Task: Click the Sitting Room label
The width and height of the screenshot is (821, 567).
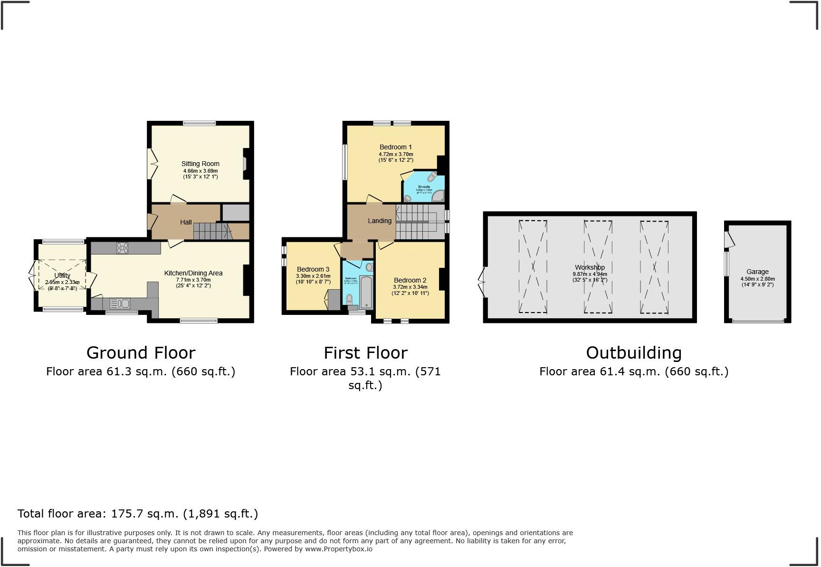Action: point(200,164)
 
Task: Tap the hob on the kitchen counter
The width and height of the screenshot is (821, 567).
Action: point(122,248)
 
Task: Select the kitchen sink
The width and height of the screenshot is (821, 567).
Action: point(119,303)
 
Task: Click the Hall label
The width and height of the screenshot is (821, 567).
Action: point(186,222)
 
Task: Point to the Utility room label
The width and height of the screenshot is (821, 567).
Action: point(62,275)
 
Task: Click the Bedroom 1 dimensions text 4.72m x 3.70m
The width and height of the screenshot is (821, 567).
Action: point(395,154)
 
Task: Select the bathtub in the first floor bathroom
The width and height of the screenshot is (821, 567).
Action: point(366,292)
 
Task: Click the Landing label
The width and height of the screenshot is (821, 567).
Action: point(380,221)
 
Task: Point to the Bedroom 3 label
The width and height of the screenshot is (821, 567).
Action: point(313,269)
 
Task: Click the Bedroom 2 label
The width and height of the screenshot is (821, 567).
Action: point(410,280)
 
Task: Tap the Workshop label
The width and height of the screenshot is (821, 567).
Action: point(590,267)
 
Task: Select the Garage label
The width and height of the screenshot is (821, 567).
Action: point(757,272)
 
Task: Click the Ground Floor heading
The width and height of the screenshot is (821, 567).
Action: point(141,353)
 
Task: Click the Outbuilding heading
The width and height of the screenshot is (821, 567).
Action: point(633,353)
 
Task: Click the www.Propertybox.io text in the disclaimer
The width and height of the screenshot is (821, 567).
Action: point(338,549)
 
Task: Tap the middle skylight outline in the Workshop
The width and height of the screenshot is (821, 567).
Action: point(598,266)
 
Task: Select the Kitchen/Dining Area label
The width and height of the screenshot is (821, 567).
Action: point(193,273)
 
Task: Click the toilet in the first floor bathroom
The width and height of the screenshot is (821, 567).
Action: point(350,299)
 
